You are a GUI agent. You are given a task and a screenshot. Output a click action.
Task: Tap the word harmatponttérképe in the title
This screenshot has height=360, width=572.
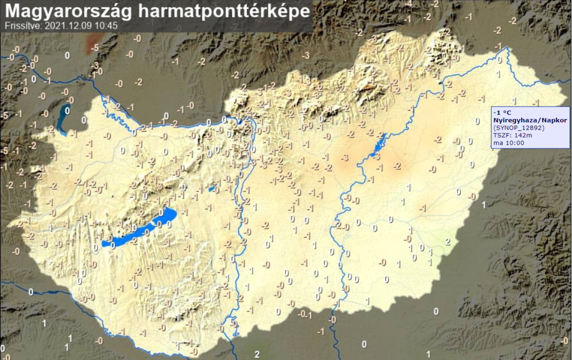[x=223, y=12]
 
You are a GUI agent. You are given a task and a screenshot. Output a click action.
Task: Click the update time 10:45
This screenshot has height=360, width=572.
[x=106, y=26]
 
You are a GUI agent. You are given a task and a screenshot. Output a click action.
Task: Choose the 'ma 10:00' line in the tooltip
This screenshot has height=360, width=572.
[x=508, y=143]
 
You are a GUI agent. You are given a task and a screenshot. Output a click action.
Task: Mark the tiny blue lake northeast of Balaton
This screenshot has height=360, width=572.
[x=212, y=189]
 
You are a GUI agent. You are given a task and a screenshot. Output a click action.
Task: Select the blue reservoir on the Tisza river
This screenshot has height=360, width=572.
[x=377, y=146]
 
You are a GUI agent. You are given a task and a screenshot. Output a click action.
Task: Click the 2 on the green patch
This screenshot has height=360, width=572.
[x=448, y=241]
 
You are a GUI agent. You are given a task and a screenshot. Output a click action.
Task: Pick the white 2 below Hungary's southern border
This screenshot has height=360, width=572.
[x=257, y=354]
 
